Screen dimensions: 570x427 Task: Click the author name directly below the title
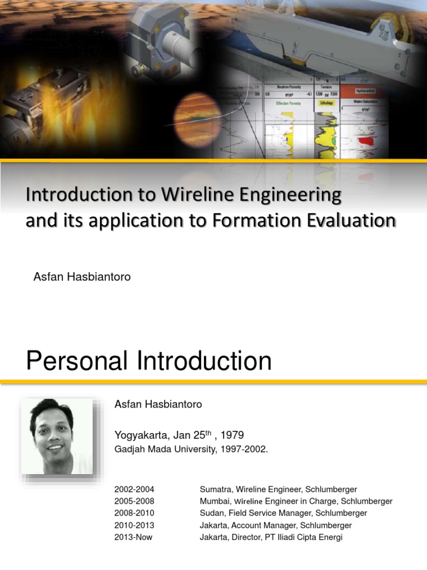click(x=82, y=277)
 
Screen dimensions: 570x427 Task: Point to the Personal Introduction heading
click(x=148, y=361)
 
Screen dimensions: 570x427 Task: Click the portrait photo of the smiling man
click(x=57, y=436)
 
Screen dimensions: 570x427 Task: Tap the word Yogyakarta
click(x=141, y=435)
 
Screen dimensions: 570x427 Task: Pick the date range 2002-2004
click(x=134, y=489)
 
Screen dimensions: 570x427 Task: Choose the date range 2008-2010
click(x=134, y=513)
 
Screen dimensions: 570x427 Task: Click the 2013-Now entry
click(x=133, y=537)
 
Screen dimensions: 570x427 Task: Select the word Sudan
click(x=212, y=513)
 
